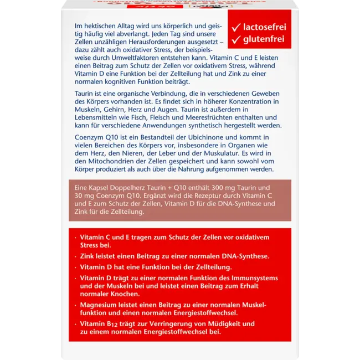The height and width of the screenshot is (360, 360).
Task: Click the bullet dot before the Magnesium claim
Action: tap(75, 305)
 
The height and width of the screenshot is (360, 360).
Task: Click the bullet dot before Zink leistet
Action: tap(75, 256)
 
